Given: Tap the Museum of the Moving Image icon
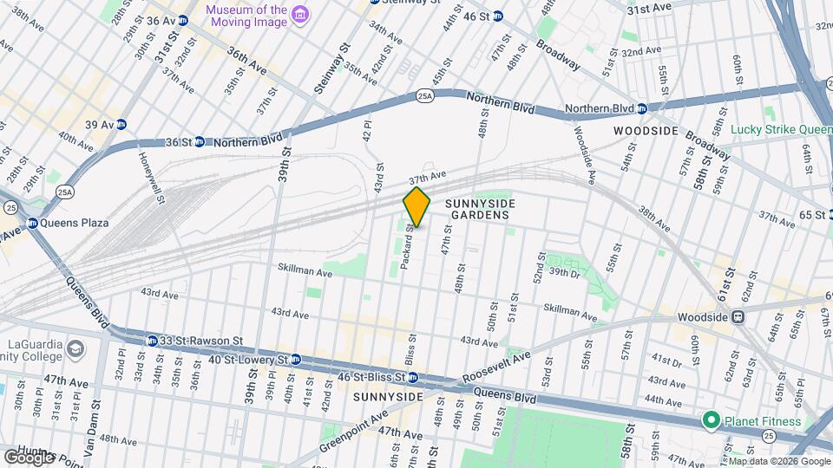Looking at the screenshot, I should pos(300,15).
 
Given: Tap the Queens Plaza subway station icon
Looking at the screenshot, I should pos(33,223).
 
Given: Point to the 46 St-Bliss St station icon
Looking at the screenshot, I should pos(413,377).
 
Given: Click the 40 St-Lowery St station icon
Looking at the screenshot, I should pos(295,359).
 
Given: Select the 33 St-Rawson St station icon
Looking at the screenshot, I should pos(152,341).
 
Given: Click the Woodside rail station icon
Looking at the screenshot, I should pos(738,317).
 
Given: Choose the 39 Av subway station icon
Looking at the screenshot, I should pos(122,124).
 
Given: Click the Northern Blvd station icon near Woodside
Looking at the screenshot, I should pos(641,108).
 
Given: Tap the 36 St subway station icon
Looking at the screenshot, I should pos(199,141).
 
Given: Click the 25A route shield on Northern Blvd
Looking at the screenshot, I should pos(423,94).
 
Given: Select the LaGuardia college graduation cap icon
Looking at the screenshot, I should pos(75,349).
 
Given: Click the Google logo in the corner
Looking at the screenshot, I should pos(28,457).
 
